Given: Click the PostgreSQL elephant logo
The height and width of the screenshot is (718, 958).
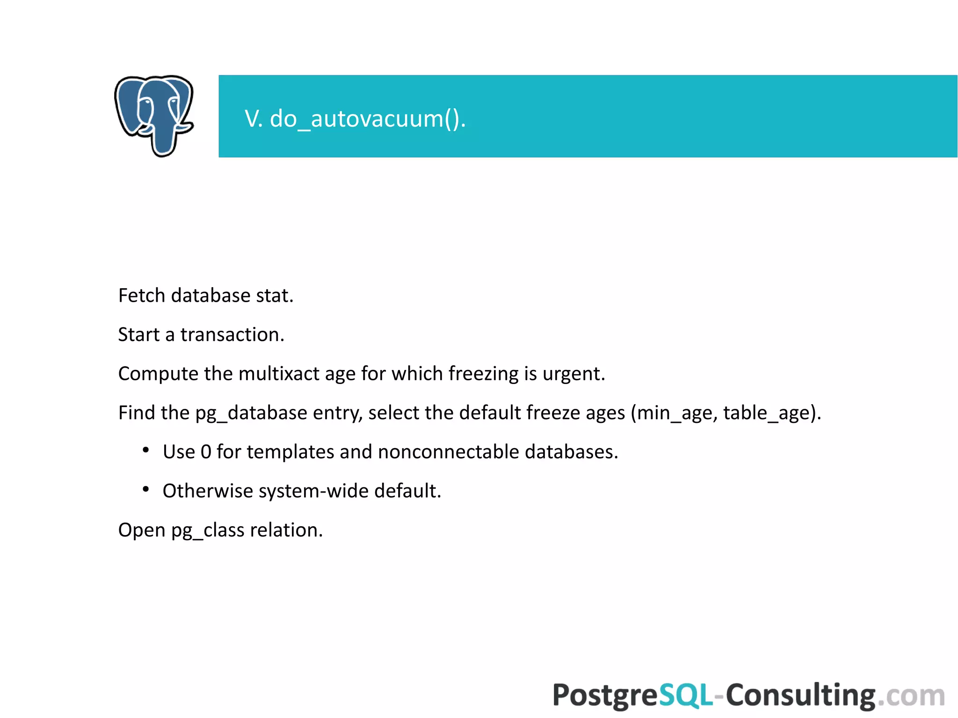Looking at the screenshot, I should pos(154,116).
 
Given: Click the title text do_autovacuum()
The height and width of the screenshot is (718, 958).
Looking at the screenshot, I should pos(368,118).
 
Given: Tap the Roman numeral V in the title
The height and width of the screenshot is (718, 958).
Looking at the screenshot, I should pos(253,118).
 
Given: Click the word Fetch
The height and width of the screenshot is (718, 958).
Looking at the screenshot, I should pos(142,296).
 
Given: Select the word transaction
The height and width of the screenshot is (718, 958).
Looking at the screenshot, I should pos(232,335).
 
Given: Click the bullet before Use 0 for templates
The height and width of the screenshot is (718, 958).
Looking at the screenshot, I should pos(146,450).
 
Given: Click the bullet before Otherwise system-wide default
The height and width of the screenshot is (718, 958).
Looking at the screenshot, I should pos(146,490).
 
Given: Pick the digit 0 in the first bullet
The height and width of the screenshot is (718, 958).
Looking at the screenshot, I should pos(206,452).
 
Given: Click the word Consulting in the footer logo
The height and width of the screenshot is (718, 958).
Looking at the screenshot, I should pos(800,695).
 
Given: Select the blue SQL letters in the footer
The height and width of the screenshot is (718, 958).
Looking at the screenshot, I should pos(686,695).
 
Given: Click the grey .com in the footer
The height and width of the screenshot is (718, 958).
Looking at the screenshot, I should pos(911,696).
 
